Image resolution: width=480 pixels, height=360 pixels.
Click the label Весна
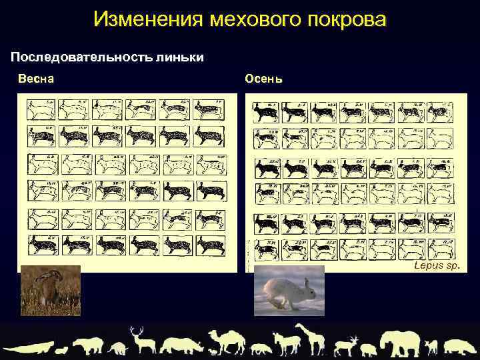point(36,79)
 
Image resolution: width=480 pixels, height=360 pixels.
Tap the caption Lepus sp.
point(437,265)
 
